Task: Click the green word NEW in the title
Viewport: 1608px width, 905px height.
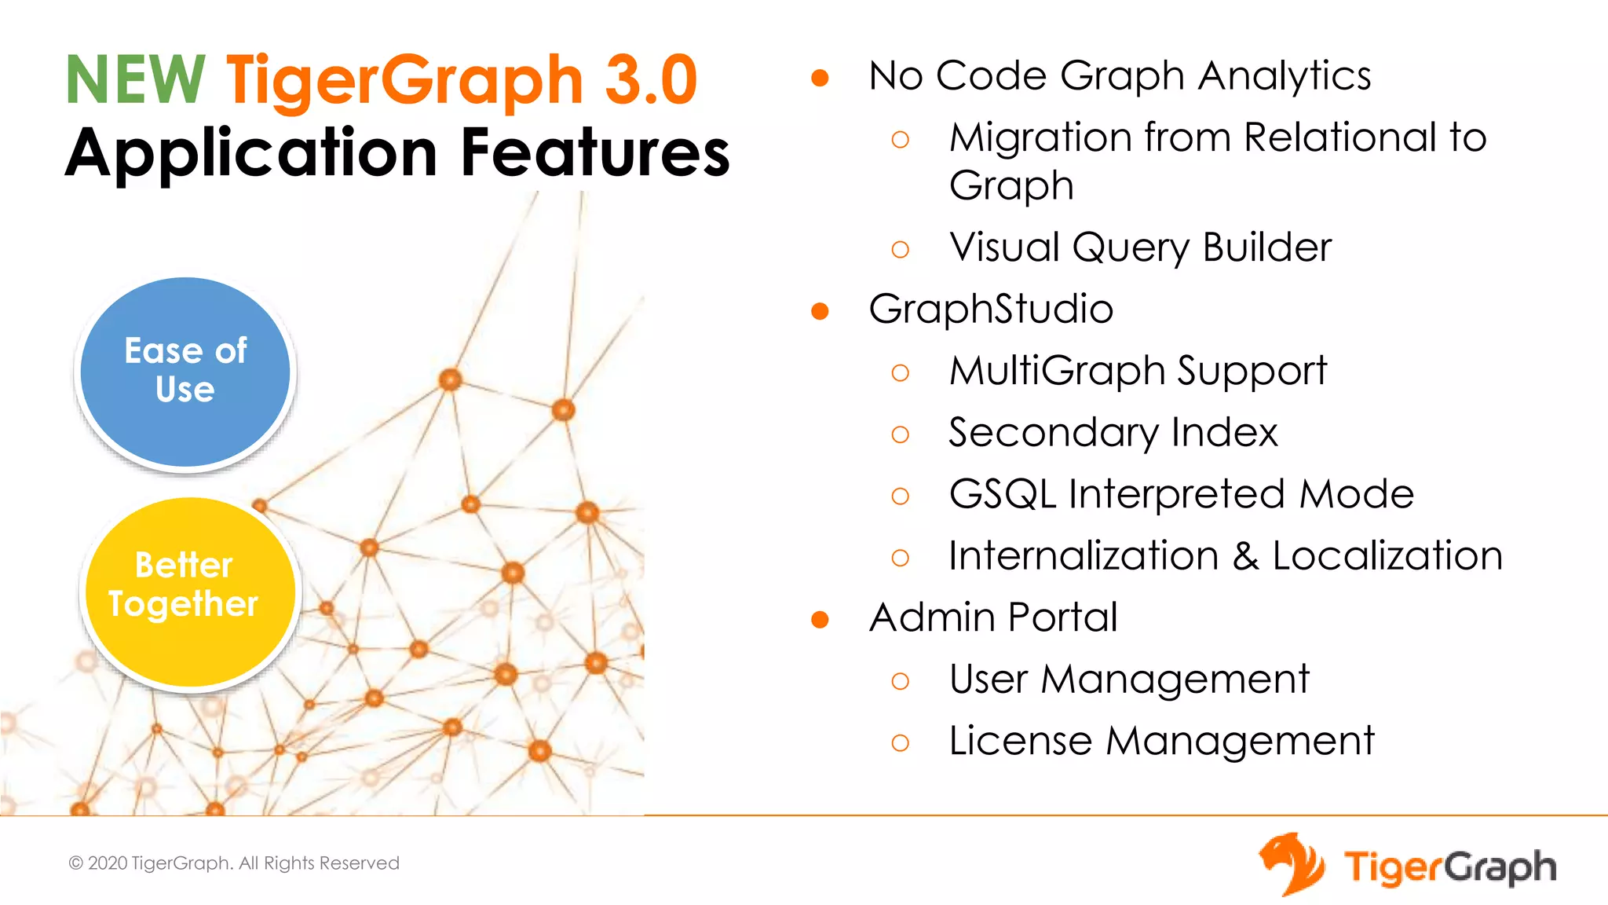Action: [x=135, y=79]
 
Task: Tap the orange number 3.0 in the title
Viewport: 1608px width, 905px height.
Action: [x=651, y=79]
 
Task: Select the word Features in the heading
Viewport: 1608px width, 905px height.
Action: [x=595, y=152]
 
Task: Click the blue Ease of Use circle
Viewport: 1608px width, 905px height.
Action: [x=186, y=372]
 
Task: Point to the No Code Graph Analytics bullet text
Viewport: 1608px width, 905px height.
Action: [x=1120, y=76]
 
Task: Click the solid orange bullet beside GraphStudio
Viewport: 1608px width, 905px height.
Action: [x=820, y=312]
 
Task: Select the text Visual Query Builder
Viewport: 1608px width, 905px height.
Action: [x=1140, y=247]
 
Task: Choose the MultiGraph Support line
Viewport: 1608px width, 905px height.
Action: [x=1138, y=371]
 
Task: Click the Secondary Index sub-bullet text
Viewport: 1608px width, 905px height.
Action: [x=1113, y=433]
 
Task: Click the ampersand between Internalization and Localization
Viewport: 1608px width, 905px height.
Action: [x=1245, y=556]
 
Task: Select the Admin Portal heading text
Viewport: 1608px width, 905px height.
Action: [x=993, y=617]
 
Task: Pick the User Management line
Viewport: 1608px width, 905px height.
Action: [x=1129, y=680]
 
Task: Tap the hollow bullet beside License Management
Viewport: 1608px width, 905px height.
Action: [x=901, y=742]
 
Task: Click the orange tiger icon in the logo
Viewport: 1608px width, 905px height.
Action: [x=1292, y=864]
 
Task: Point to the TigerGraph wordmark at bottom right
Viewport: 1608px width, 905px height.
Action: [x=1449, y=868]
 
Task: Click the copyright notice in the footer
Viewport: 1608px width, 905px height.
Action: [x=234, y=863]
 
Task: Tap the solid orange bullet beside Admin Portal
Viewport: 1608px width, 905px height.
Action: [x=820, y=621]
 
